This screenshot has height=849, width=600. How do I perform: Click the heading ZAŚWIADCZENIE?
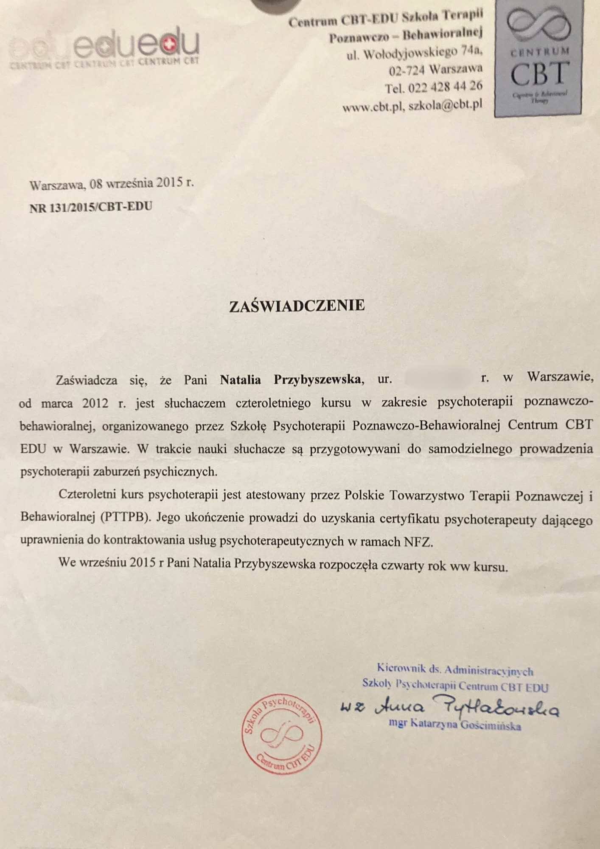click(297, 306)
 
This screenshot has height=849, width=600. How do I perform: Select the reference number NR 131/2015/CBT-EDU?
click(91, 207)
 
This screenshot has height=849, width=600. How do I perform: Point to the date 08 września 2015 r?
click(142, 184)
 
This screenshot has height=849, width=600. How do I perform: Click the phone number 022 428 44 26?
click(445, 87)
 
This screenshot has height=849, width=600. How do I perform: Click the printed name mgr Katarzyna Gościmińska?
click(454, 725)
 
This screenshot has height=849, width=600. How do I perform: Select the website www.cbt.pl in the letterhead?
click(372, 107)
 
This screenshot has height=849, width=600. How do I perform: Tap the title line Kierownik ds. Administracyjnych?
click(454, 670)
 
